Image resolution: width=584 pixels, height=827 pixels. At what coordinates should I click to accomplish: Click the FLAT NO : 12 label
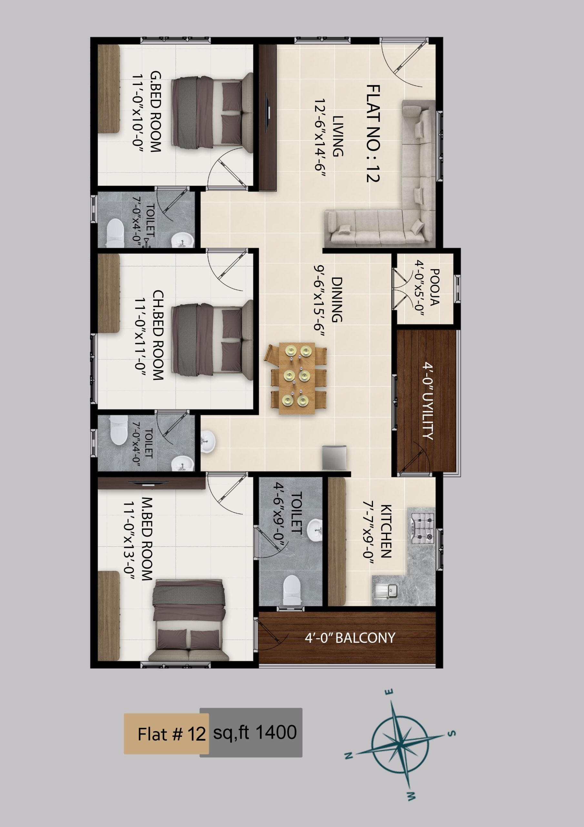click(374, 133)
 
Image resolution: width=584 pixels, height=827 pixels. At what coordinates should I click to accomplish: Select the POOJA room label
click(434, 287)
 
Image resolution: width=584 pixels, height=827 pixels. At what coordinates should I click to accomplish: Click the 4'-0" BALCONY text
click(350, 638)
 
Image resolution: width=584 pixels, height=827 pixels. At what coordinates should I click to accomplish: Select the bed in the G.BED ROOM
click(212, 113)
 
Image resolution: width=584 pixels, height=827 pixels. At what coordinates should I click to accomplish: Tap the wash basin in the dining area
click(207, 442)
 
